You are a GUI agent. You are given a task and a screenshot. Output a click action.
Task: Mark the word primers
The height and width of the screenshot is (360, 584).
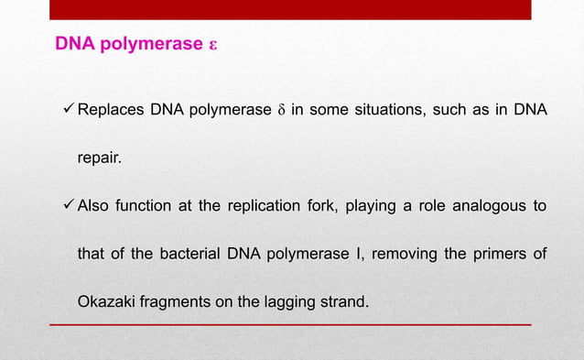pyautogui.click(x=503, y=252)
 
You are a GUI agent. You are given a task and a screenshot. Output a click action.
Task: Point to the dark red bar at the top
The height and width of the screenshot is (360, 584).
pyautogui.click(x=290, y=9)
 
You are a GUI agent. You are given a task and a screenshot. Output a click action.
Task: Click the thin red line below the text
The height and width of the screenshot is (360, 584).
pyautogui.click(x=290, y=324)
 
